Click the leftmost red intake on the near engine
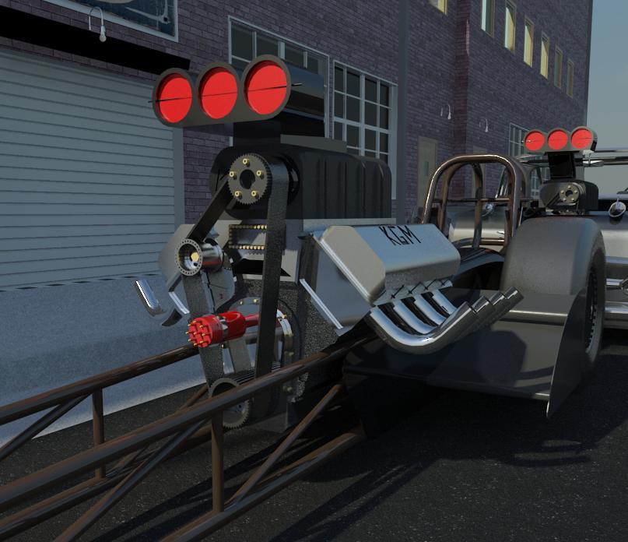(174, 98)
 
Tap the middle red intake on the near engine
(219, 93)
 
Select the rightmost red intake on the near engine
(266, 86)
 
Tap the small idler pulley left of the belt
(189, 257)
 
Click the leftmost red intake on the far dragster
(535, 141)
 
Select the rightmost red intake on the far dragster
(581, 138)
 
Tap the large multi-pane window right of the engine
(362, 117)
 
